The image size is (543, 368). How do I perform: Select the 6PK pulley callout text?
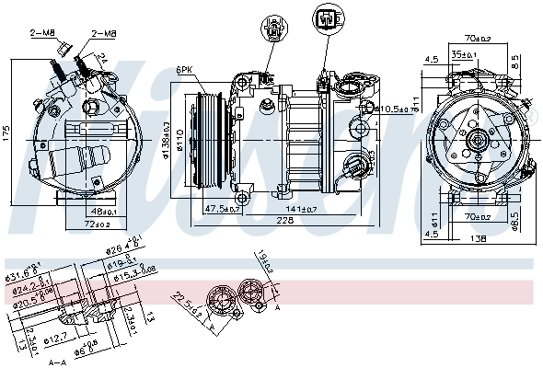point(184,70)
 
